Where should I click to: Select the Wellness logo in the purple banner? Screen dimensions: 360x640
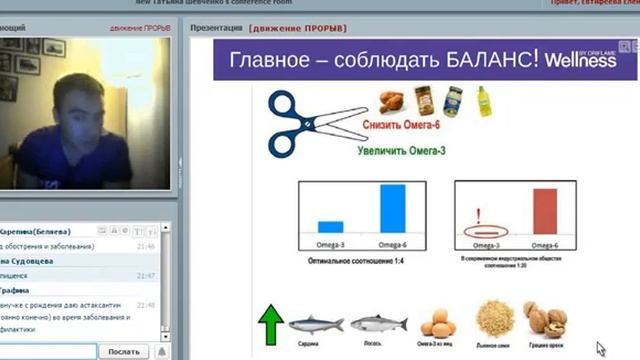[580, 61]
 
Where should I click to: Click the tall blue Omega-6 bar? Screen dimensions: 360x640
[393, 208]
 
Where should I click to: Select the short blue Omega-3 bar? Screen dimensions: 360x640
[331, 226]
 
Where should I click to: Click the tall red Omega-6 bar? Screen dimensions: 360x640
[545, 211]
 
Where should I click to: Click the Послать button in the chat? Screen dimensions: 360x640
[123, 351]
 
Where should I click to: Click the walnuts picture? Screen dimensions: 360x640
[544, 321]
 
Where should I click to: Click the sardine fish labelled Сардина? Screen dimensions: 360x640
[315, 323]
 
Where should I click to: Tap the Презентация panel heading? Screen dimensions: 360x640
[216, 28]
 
